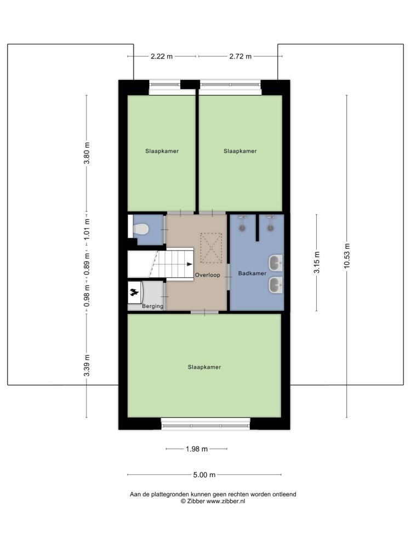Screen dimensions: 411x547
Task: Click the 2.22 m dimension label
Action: (x=162, y=56)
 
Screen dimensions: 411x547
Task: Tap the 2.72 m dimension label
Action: (x=241, y=56)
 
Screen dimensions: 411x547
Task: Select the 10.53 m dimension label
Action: (x=347, y=255)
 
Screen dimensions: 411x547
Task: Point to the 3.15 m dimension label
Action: (x=317, y=263)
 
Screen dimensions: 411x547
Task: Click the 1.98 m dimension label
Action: (x=197, y=449)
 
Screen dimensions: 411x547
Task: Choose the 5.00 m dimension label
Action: (x=204, y=475)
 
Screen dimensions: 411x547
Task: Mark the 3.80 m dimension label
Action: (x=87, y=153)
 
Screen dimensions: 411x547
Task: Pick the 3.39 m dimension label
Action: (x=87, y=365)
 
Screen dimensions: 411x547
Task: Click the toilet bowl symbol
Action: (x=141, y=229)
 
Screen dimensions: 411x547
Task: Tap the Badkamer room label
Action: (x=252, y=273)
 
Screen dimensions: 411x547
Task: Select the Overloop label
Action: (x=208, y=275)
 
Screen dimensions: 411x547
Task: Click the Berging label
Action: (x=152, y=306)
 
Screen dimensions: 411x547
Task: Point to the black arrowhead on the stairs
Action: (x=190, y=264)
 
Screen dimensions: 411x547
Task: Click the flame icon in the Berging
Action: (x=134, y=292)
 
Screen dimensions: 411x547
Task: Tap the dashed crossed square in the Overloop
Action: (x=211, y=248)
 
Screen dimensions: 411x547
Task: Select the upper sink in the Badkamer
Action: (x=276, y=263)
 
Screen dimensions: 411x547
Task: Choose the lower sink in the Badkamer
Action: (x=276, y=285)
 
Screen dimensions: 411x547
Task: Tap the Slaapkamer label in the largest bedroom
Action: (x=204, y=367)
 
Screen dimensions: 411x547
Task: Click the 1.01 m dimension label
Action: (x=87, y=229)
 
